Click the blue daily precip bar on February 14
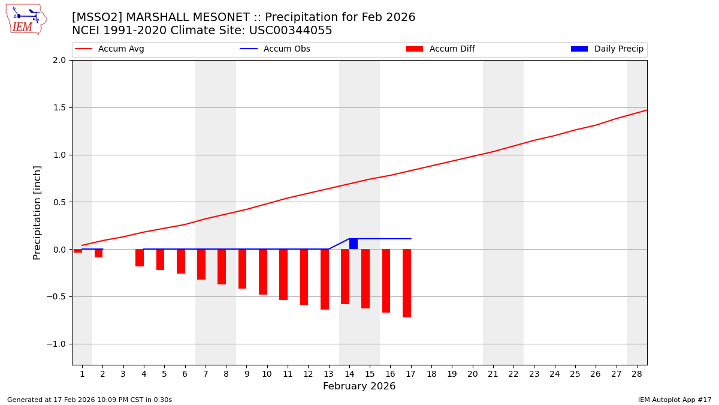[354, 244]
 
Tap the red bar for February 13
[325, 279]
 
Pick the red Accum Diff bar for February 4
[140, 258]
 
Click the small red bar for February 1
[78, 251]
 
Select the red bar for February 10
[263, 272]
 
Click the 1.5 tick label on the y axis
[59, 108]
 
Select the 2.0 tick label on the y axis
[59, 61]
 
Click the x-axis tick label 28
[637, 374]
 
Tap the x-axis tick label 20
[472, 374]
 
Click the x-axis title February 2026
[359, 386]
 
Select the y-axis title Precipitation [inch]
[37, 212]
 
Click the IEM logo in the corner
[26, 19]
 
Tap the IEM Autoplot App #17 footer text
[675, 400]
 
